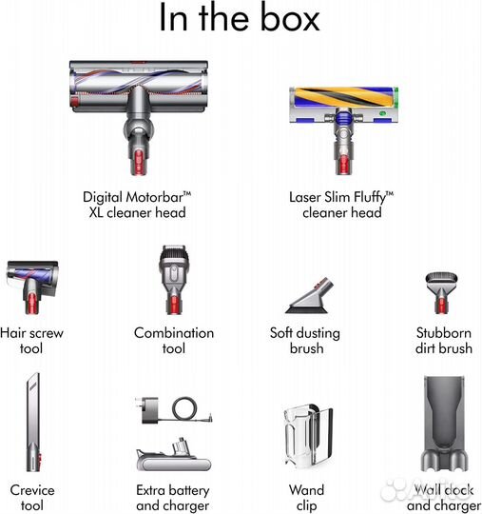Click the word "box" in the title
pos(290,18)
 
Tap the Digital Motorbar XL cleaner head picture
pos(139,117)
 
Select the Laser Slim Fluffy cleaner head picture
pos(343,130)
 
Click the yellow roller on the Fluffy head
pos(344,97)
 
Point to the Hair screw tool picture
pos(32,287)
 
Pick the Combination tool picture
pos(174,280)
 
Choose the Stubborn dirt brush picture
pos(442,293)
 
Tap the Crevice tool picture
pos(33,422)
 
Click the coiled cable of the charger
pos(184,408)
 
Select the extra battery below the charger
pos(174,454)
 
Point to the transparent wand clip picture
pos(308,436)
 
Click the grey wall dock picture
pos(444,424)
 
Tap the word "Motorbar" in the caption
pos(155,197)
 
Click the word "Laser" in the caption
pos(305,197)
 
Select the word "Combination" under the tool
pos(174,333)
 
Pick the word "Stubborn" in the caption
pos(444,333)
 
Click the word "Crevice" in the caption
pos(32,490)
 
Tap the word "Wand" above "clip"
pos(306,490)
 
